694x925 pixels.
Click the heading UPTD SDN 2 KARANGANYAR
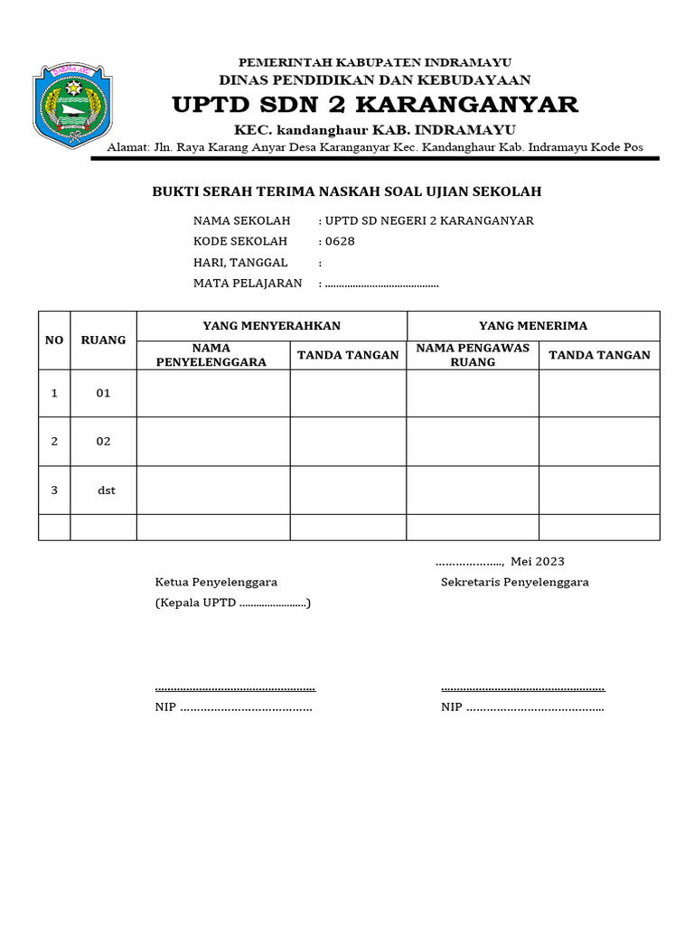coord(375,105)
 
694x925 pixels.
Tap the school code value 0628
coord(340,241)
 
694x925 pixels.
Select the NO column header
coord(54,340)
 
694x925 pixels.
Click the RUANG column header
coord(103,340)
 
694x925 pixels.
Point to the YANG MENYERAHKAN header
coord(271,325)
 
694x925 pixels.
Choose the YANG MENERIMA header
coord(532,325)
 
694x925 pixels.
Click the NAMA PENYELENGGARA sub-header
coord(211,354)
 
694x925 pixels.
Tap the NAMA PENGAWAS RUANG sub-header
coord(472,354)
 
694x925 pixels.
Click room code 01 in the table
coord(103,393)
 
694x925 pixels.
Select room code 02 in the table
coord(103,441)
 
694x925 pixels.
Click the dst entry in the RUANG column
coord(107,490)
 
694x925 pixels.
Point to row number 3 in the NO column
coord(54,490)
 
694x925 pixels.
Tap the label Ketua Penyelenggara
coord(216,582)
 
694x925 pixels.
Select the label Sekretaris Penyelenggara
coord(514,582)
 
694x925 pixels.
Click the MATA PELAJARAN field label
coord(249,283)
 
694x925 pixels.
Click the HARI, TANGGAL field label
coord(240,262)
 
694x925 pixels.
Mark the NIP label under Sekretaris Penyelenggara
coord(451,706)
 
